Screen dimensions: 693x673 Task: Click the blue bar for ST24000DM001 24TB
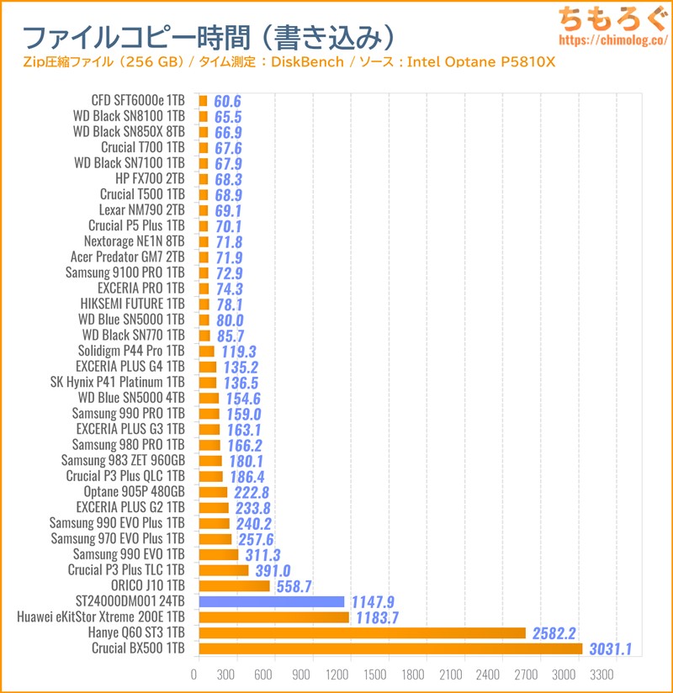272,601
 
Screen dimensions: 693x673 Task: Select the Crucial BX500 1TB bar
390,648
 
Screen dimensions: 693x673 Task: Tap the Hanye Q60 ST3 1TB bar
362,632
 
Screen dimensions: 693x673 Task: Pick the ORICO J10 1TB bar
234,585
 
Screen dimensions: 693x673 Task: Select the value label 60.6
227,101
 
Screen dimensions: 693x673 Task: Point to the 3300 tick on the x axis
603,674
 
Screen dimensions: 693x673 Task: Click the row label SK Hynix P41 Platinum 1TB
117,382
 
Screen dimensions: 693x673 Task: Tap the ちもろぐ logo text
615,18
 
